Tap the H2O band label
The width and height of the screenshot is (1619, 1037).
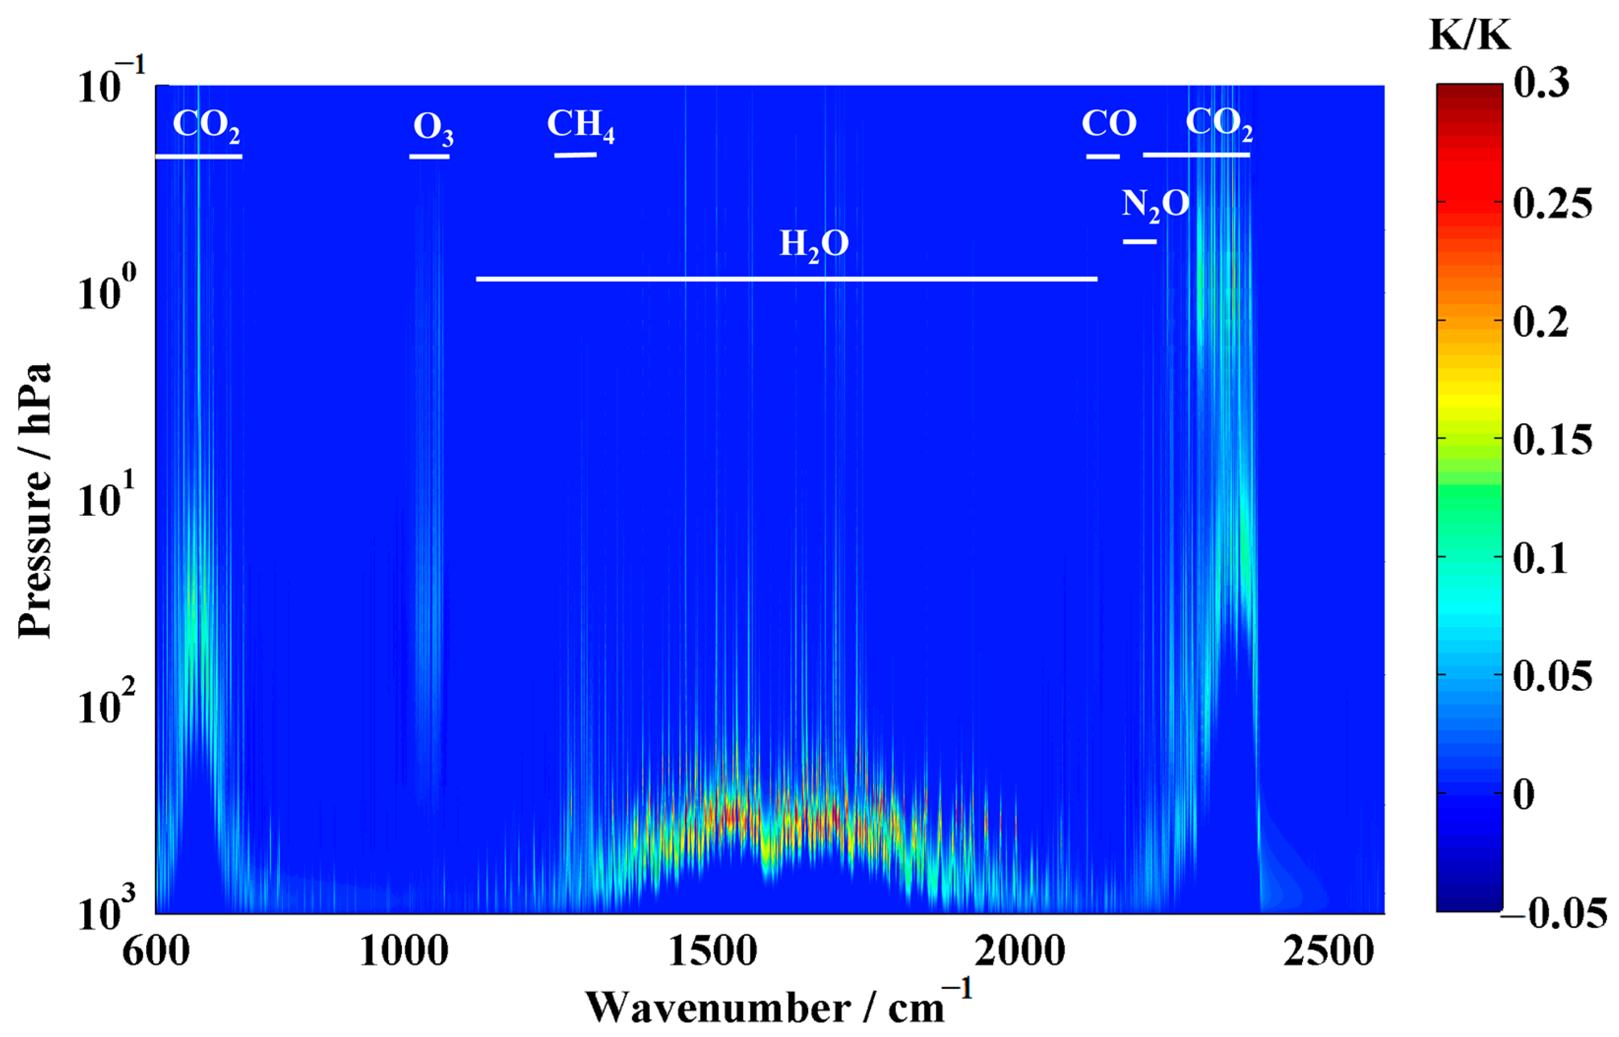click(813, 244)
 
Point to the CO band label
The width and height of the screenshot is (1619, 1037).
click(1109, 124)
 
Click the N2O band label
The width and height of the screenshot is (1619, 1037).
click(1155, 205)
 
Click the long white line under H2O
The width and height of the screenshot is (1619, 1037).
click(786, 279)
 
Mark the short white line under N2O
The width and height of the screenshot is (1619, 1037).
click(1139, 241)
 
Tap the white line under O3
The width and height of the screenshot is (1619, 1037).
click(429, 157)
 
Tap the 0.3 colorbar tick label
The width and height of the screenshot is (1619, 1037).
click(1541, 84)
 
